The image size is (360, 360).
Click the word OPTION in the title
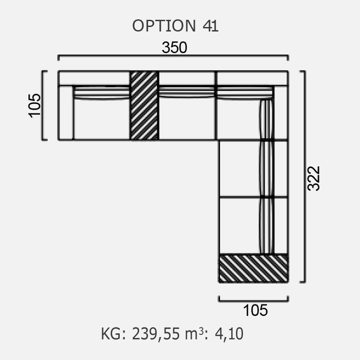[164, 25]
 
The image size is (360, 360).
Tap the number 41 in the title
[210, 25]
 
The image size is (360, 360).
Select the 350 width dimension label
[174, 47]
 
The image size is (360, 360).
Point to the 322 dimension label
[313, 178]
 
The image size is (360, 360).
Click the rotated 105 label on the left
[34, 105]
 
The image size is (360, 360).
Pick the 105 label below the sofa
[255, 310]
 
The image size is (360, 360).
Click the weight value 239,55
[155, 333]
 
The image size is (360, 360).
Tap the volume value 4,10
[229, 334]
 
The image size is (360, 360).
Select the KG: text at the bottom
[113, 334]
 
